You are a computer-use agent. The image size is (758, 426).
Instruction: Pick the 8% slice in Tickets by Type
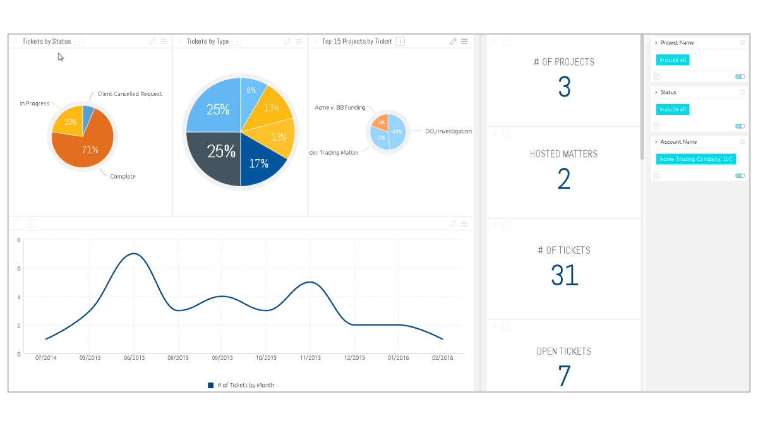pos(251,92)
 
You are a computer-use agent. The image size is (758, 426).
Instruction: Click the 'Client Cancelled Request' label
pos(129,94)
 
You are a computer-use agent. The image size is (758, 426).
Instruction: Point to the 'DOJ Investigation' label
pos(448,131)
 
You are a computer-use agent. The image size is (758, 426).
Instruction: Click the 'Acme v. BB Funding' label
pos(340,107)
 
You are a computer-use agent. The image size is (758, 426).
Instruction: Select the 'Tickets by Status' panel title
pos(47,42)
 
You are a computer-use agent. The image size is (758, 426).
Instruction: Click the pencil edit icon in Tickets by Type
pos(287,42)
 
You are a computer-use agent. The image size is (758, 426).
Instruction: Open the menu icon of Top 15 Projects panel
pos(464,42)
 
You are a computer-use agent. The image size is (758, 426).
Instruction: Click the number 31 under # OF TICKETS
pos(564,275)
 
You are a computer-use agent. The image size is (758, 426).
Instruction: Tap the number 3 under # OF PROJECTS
pos(564,87)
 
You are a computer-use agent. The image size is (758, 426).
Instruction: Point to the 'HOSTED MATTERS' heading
pos(563,154)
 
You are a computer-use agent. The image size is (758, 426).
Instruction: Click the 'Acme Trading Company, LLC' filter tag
pos(695,159)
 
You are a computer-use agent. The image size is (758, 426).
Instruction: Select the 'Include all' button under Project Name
pos(672,60)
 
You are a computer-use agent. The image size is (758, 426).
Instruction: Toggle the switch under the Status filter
pos(740,126)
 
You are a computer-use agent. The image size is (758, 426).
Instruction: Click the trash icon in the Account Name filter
pos(656,176)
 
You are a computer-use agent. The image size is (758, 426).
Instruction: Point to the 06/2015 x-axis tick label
pos(134,358)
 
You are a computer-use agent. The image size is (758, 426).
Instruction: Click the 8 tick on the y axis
pos(19,240)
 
